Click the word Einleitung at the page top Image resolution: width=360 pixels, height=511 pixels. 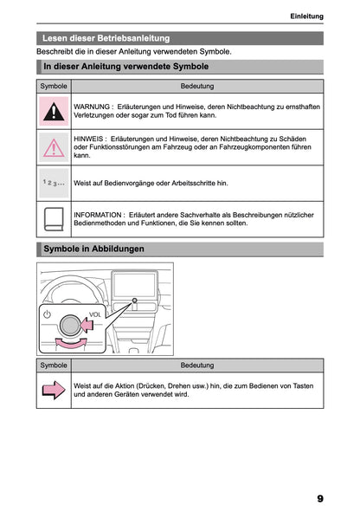(306, 16)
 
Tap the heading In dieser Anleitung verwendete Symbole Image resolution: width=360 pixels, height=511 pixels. (125, 66)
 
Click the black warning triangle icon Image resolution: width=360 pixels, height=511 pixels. (54, 111)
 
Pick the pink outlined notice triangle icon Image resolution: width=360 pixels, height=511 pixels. (54, 148)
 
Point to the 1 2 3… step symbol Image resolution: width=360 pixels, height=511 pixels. (54, 184)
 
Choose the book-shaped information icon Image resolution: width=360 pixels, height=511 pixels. (54, 218)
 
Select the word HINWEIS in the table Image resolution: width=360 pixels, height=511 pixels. (90, 138)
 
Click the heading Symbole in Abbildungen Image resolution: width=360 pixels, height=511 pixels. (93, 249)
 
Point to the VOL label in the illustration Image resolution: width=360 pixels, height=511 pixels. (96, 314)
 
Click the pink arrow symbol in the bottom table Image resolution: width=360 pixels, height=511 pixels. (54, 391)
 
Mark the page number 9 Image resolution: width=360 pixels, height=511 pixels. (320, 498)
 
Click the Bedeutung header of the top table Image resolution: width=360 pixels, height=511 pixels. (197, 87)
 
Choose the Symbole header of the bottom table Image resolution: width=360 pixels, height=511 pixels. (54, 365)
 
